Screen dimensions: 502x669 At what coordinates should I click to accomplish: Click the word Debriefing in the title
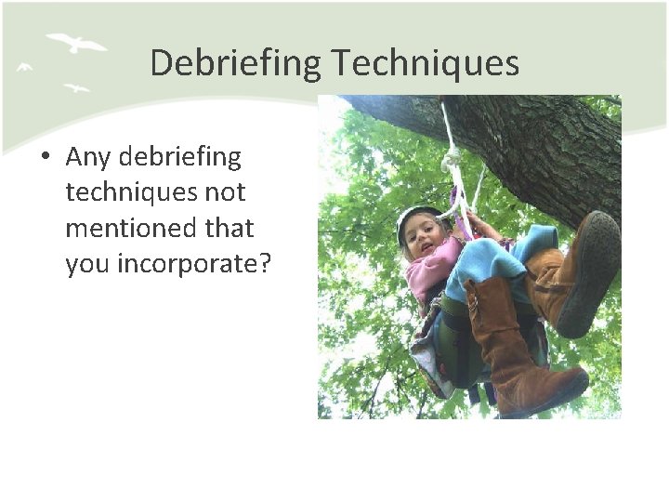(235, 63)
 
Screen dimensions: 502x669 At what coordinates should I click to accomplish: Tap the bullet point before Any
(45, 158)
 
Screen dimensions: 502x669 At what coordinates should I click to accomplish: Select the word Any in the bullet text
(88, 158)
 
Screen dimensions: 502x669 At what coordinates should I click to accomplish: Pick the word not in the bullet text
(226, 192)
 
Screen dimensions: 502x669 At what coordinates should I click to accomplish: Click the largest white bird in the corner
(76, 43)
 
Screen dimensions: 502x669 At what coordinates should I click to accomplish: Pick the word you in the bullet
(86, 264)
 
